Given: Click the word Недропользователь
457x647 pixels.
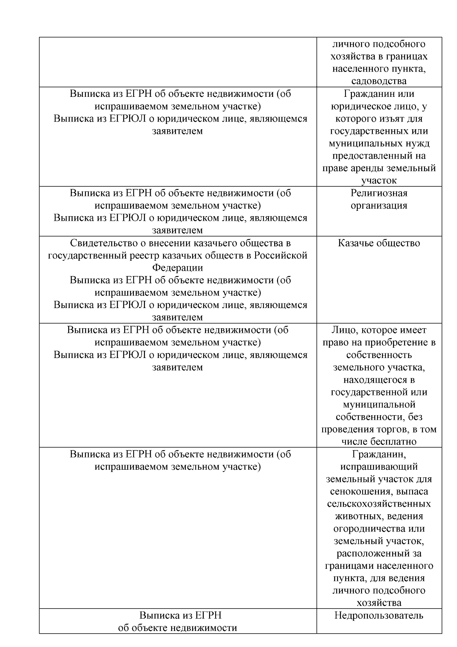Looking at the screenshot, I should (x=379, y=615).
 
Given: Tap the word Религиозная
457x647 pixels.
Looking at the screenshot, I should (x=379, y=193).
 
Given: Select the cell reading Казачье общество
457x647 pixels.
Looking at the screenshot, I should (x=379, y=243).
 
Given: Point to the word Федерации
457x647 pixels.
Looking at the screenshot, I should (x=177, y=268).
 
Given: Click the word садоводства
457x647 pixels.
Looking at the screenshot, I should (x=379, y=81).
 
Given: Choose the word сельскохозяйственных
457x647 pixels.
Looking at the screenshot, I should (x=379, y=504).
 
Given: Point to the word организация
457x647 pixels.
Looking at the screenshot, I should (x=379, y=205).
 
